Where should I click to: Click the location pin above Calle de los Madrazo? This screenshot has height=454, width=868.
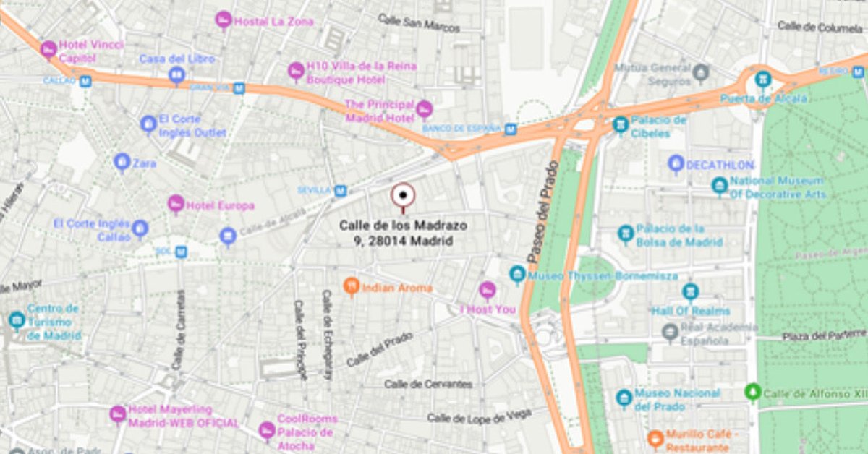[x=403, y=195]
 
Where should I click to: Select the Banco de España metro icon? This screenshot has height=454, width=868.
[x=511, y=129]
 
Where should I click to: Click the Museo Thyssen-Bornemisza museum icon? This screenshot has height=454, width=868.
[x=517, y=275]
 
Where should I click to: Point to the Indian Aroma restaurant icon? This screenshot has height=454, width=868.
[x=352, y=287]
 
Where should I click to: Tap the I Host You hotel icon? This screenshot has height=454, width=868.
[x=488, y=291]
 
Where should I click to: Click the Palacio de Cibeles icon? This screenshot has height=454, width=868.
[x=620, y=125]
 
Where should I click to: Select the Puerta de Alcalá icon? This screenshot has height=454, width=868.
[x=762, y=79]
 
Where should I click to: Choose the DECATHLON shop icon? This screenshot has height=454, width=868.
[x=676, y=165]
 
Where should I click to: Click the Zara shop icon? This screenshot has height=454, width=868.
[x=122, y=163]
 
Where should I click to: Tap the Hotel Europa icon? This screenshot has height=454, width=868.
[x=176, y=205]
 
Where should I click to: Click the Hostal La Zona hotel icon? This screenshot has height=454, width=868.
[x=224, y=21]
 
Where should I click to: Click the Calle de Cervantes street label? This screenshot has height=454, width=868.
[x=429, y=384]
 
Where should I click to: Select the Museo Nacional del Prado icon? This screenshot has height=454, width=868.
[x=624, y=398]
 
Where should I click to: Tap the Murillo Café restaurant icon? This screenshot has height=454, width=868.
[x=655, y=439]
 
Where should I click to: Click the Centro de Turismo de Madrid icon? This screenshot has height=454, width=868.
[x=17, y=320]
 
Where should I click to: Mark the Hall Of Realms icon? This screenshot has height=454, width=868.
[x=690, y=293]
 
